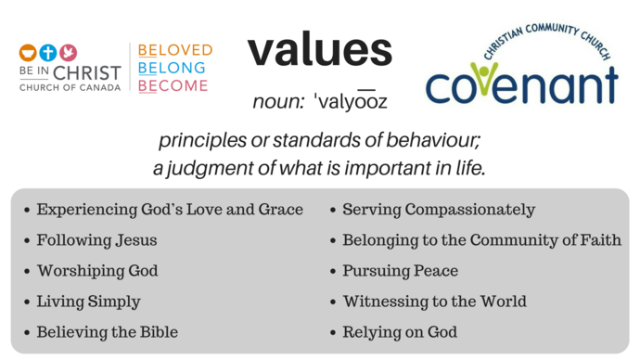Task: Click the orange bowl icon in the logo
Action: click(28, 53)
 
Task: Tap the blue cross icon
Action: click(48, 53)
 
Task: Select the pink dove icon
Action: click(69, 53)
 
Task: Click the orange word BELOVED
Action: click(175, 50)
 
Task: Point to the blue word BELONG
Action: click(173, 68)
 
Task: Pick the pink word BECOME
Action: click(173, 86)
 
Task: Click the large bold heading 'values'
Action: click(319, 50)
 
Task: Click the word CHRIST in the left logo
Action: click(88, 72)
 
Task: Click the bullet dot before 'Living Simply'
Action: click(26, 302)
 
